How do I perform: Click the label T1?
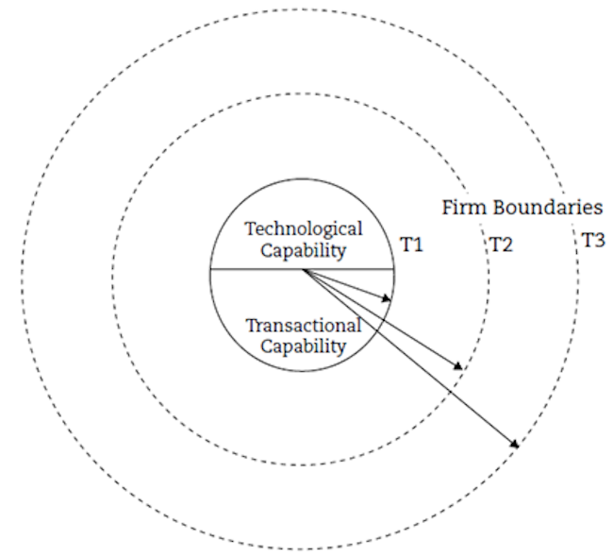(x=411, y=245)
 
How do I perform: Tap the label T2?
(x=500, y=245)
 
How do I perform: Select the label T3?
(x=592, y=240)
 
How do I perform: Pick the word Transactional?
(x=303, y=327)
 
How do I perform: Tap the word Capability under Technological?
(x=303, y=251)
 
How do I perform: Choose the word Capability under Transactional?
(x=303, y=346)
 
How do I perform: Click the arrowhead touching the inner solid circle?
(x=387, y=299)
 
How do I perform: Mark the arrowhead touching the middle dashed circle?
(x=459, y=366)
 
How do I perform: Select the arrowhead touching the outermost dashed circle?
(x=514, y=444)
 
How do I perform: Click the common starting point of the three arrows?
(x=303, y=270)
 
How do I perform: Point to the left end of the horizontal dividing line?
(x=210, y=270)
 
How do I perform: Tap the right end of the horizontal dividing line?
(x=394, y=270)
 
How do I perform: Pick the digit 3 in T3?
(x=599, y=240)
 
